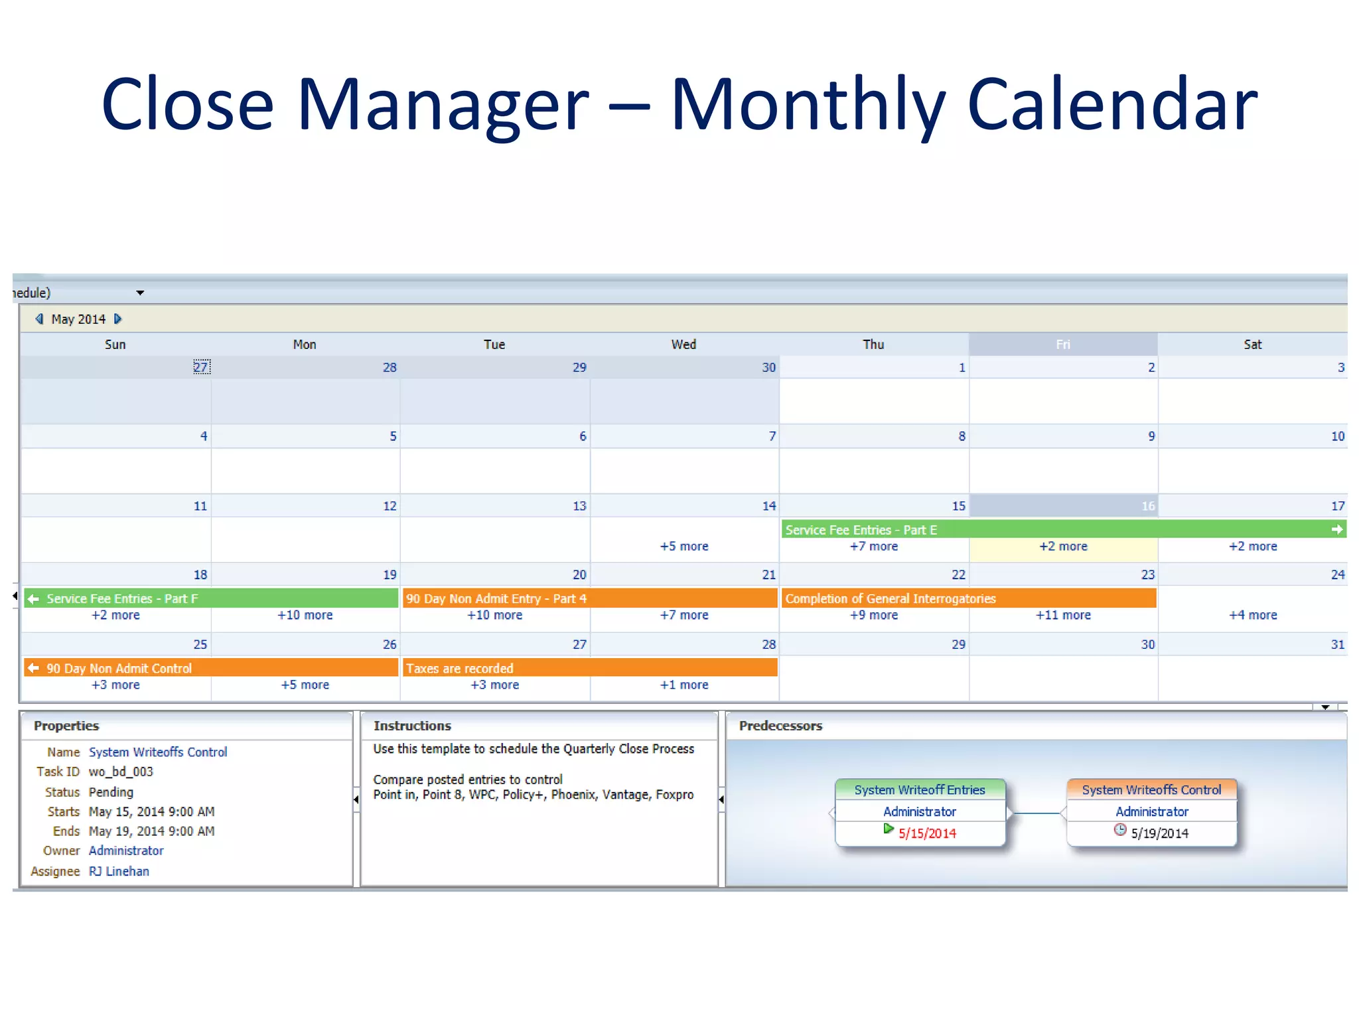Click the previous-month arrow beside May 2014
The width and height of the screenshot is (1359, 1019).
tap(39, 319)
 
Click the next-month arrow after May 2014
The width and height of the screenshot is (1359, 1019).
tap(118, 319)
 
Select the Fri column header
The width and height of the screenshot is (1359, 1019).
tap(1062, 344)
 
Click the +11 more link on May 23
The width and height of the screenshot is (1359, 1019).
tap(1063, 615)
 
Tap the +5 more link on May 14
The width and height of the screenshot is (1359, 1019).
tap(683, 546)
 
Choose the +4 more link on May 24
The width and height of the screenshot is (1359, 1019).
tap(1252, 615)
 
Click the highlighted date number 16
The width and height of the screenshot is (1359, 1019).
tap(1148, 506)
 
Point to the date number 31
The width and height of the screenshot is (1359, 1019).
tap(1337, 644)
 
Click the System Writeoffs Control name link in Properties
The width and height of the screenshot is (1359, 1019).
tap(158, 752)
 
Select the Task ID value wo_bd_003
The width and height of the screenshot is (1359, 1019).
tap(121, 772)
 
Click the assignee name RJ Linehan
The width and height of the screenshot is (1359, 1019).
tap(119, 871)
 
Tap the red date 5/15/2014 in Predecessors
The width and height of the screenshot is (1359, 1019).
tap(927, 833)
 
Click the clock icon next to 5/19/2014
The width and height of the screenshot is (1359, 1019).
tap(1120, 830)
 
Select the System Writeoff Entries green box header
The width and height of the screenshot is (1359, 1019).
tap(920, 789)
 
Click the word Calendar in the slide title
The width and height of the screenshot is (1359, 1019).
tap(1112, 104)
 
